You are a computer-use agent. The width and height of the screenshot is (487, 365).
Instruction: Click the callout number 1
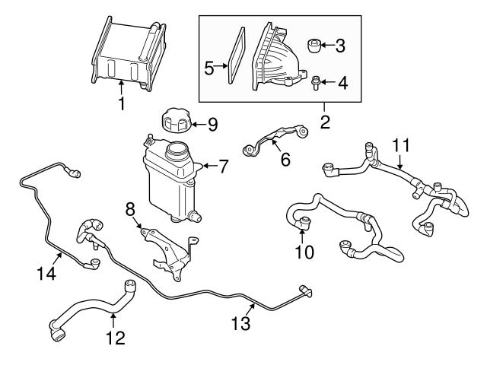(x=120, y=104)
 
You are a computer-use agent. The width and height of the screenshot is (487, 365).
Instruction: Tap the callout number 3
(x=339, y=46)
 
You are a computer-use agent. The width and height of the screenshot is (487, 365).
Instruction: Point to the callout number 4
(x=342, y=82)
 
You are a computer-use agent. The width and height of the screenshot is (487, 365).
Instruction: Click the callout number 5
(x=209, y=68)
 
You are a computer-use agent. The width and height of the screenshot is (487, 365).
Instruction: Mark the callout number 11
(x=400, y=144)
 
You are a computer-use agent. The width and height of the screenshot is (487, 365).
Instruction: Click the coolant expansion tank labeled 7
(x=164, y=179)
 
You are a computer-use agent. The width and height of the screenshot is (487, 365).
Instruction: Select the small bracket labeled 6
(x=274, y=139)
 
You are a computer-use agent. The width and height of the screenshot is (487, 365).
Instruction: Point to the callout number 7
(x=223, y=166)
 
